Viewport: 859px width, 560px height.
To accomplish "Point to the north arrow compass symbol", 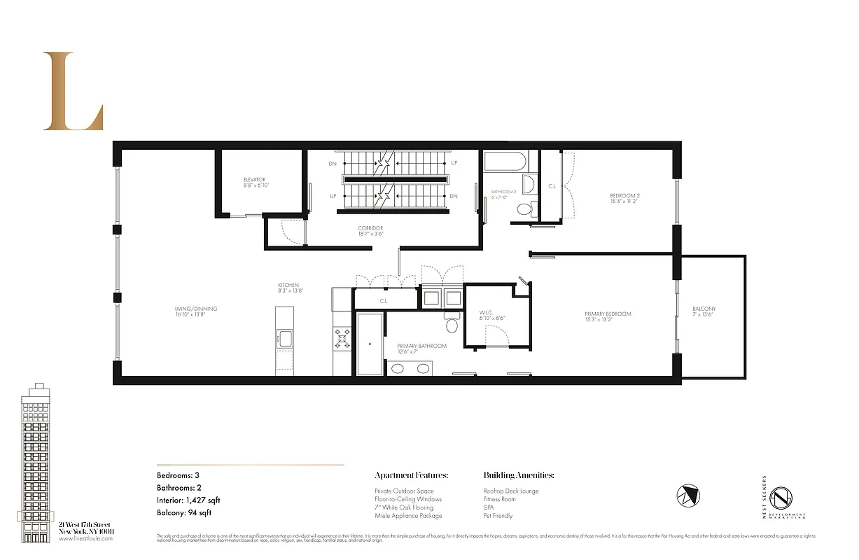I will [688, 496].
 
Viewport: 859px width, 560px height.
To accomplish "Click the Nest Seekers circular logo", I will [781, 498].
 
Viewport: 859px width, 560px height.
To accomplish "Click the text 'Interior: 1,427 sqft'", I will [189, 500].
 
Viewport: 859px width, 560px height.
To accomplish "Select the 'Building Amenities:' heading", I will [519, 475].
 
